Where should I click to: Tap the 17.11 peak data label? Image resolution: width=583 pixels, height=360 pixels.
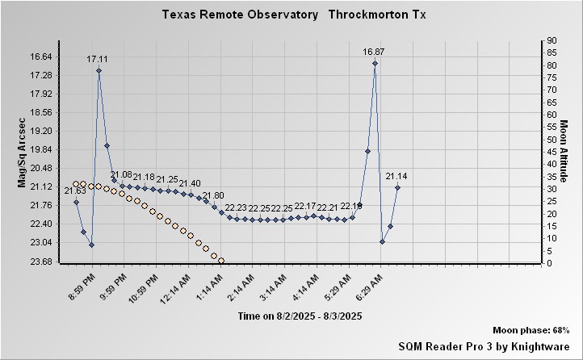tap(99, 59)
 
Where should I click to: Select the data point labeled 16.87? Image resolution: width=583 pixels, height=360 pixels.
tap(375, 63)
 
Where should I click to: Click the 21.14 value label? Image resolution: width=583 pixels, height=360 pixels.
tap(396, 176)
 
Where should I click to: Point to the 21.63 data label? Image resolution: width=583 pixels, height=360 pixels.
tap(75, 190)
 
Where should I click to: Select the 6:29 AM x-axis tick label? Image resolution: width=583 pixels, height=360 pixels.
tap(369, 287)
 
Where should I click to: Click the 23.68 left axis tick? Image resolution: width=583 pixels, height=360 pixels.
tap(40, 262)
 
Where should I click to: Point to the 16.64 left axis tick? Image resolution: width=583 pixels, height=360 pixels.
tap(40, 57)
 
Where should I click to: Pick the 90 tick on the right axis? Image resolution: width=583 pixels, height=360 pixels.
tap(552, 40)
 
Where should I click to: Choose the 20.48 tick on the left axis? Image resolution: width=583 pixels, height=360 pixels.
tap(40, 168)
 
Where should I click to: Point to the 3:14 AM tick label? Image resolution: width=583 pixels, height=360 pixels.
tap(272, 287)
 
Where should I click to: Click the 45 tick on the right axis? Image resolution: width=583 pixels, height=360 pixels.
tap(552, 152)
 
